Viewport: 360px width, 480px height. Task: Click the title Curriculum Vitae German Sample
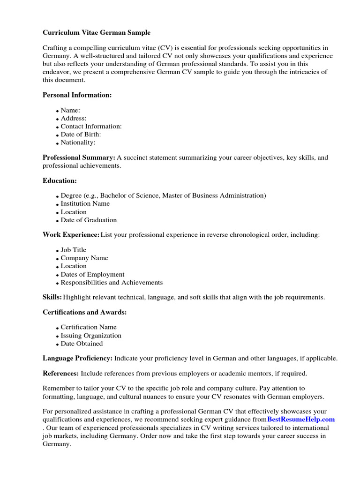[x=97, y=33]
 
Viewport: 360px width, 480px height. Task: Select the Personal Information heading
[x=77, y=95]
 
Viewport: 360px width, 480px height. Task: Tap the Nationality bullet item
[x=78, y=142]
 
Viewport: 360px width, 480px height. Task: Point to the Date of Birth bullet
[x=81, y=134]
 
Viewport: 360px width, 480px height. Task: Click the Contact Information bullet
[x=91, y=126]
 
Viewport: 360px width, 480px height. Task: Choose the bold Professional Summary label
[x=79, y=157]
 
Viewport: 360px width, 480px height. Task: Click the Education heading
[x=60, y=180]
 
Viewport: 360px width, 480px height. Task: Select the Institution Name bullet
[x=85, y=203]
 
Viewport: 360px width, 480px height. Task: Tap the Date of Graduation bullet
[x=89, y=220]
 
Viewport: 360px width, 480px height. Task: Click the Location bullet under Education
[x=74, y=212]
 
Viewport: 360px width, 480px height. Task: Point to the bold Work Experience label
[x=71, y=234]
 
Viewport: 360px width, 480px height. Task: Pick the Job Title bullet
[x=74, y=250]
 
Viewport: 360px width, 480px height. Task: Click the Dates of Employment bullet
[x=92, y=274]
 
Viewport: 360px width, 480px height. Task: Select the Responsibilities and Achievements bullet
[x=112, y=282]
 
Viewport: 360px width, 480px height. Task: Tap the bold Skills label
[x=52, y=297]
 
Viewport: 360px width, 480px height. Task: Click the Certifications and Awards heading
[x=85, y=312]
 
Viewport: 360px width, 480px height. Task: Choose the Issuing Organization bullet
[x=91, y=336]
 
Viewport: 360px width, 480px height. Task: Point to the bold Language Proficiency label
[x=77, y=358]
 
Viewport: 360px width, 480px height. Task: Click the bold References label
[x=60, y=374]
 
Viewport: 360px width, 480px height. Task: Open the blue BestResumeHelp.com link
[x=301, y=419]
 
